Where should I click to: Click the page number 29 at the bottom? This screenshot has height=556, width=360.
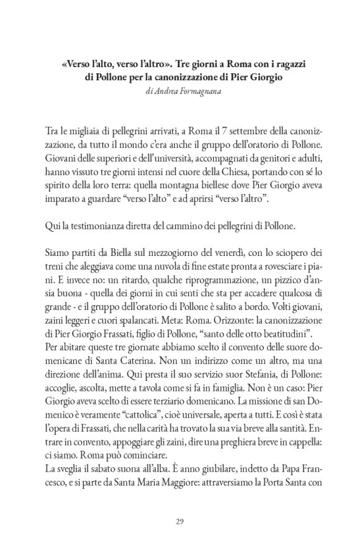tap(179, 521)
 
